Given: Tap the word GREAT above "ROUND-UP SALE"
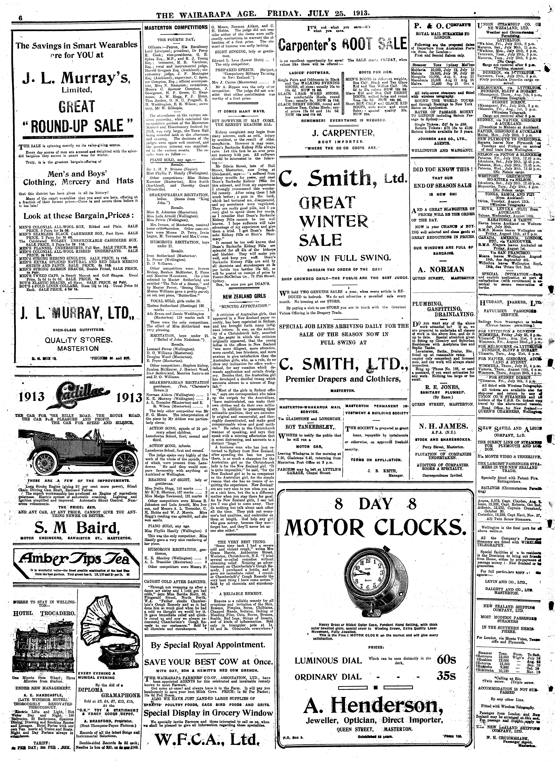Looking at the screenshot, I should [76, 107].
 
